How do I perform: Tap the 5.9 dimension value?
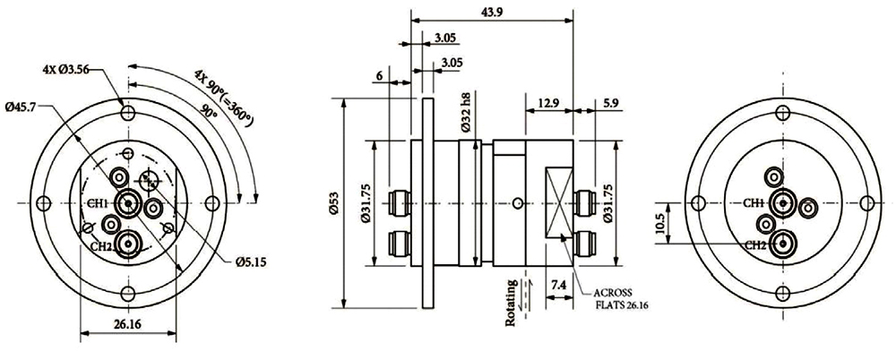point(609,104)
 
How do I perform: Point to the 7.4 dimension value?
point(557,285)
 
